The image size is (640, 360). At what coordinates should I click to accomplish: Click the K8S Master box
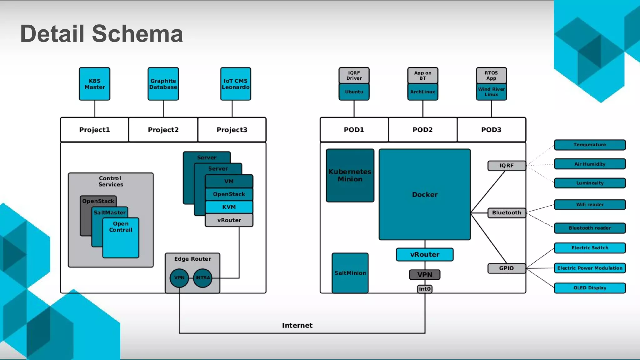[94, 84]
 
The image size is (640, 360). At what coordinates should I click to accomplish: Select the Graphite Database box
[163, 84]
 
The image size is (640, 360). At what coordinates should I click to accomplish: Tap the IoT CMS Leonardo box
[235, 84]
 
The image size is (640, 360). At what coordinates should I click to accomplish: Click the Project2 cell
[163, 130]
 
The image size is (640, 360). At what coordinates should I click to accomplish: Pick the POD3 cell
[491, 130]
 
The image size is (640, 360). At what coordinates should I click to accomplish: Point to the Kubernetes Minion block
[350, 175]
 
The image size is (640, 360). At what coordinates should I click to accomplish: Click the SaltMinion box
[350, 273]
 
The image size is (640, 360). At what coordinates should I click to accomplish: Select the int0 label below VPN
[425, 289]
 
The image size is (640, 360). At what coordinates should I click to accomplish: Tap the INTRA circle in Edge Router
[202, 278]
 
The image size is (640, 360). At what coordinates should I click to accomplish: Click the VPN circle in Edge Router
[179, 278]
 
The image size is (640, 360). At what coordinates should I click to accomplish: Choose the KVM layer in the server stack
[229, 207]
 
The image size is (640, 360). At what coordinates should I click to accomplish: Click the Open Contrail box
[121, 237]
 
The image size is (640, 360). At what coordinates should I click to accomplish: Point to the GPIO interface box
[506, 268]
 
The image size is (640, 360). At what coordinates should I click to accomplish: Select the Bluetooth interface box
[506, 212]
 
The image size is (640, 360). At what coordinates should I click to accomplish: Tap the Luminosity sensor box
[590, 183]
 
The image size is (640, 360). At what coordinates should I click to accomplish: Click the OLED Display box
[590, 288]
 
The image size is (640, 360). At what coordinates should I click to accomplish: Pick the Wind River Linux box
[491, 92]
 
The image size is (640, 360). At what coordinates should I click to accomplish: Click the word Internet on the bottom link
[297, 325]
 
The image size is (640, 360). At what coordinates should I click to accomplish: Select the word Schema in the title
[137, 34]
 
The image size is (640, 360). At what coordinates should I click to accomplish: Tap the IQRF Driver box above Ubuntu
[354, 75]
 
